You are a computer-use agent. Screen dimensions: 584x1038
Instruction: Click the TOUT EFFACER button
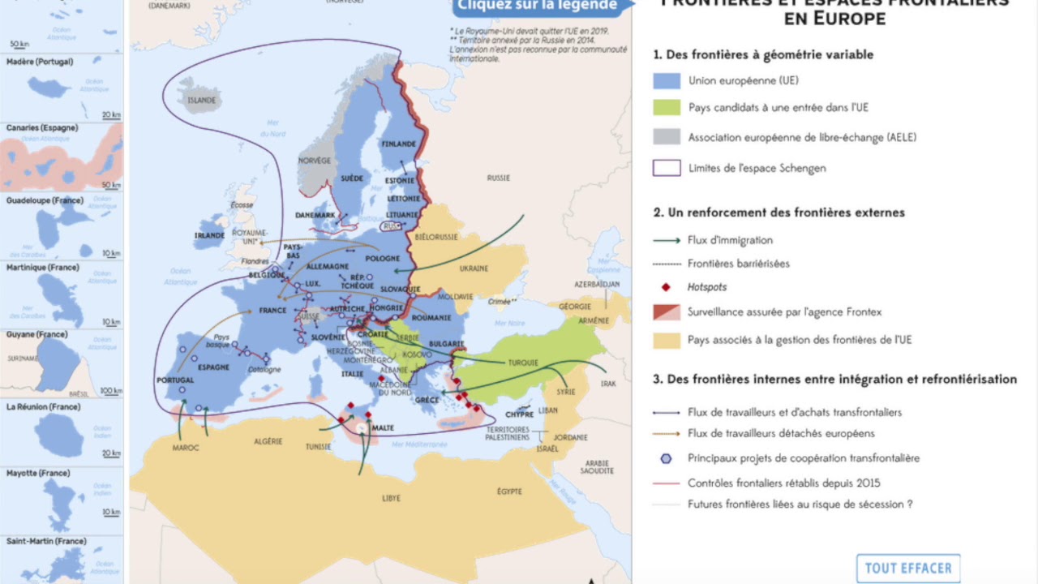click(908, 568)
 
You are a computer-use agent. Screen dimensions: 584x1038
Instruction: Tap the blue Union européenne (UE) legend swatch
click(667, 81)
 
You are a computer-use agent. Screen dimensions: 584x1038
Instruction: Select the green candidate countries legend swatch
click(667, 107)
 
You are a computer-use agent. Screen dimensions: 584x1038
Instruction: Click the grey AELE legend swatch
click(667, 137)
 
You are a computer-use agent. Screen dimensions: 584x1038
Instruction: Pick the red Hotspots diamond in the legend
click(667, 287)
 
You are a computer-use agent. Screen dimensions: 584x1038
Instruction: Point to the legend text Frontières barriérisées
click(738, 264)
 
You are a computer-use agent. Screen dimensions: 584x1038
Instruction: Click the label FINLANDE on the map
click(399, 144)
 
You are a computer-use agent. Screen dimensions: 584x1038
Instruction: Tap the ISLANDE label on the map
click(202, 101)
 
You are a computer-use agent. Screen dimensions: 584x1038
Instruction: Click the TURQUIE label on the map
click(523, 363)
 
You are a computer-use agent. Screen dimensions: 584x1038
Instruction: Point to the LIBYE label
click(391, 498)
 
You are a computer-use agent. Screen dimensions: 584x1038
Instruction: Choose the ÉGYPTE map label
click(509, 492)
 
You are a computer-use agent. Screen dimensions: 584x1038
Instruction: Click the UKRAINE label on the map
click(474, 268)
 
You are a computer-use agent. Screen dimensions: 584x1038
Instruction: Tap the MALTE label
click(383, 427)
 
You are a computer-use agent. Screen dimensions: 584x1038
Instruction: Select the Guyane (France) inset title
click(36, 334)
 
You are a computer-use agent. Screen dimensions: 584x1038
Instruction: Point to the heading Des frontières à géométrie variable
click(763, 55)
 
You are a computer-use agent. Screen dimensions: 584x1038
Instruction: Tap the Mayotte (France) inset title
click(38, 473)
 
